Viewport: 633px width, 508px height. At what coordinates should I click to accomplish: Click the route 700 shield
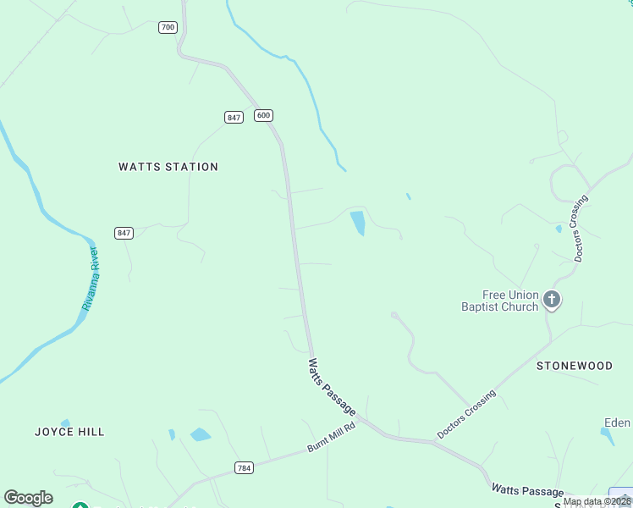168,27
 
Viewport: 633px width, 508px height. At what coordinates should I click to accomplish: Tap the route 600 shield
263,115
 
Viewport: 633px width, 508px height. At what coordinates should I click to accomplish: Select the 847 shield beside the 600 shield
234,118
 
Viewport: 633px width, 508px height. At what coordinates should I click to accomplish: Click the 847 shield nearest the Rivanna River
124,233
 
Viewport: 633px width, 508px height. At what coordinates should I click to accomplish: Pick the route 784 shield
244,467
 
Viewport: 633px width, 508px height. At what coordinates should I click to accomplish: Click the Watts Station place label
168,167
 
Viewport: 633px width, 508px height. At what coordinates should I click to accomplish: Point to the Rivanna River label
91,279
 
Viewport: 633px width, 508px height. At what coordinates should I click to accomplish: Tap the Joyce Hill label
69,432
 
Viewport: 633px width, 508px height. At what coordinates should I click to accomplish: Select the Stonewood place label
575,366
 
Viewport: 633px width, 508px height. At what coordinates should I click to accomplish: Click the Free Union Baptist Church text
499,301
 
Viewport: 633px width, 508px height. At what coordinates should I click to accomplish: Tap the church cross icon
552,299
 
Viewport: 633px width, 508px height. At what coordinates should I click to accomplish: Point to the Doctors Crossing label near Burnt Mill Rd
466,415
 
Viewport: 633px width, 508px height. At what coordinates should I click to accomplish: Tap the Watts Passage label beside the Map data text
527,491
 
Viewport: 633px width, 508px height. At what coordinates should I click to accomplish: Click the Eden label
617,423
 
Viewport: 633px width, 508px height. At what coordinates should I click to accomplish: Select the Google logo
28,498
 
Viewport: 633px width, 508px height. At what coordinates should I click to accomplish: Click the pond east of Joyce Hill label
201,435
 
